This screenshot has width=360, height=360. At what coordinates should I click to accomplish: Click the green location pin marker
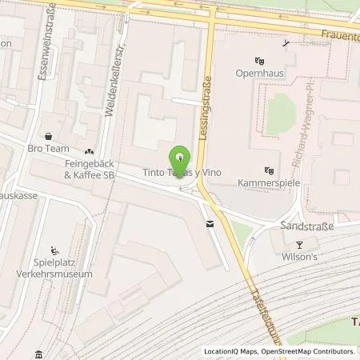pyautogui.click(x=180, y=158)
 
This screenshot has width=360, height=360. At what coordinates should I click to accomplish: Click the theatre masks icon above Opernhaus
pyautogui.click(x=258, y=60)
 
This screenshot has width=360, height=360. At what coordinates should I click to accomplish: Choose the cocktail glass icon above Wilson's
pyautogui.click(x=300, y=245)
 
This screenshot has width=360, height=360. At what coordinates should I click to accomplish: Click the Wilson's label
pyautogui.click(x=301, y=258)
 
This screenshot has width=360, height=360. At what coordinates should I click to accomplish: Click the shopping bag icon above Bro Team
pyautogui.click(x=48, y=136)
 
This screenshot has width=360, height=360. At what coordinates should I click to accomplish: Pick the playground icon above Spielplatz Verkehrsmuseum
pyautogui.click(x=54, y=249)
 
